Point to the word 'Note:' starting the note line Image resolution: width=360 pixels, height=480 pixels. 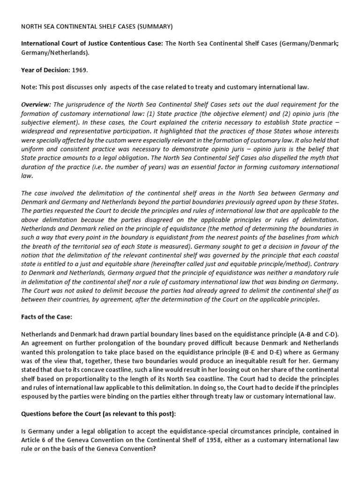30,87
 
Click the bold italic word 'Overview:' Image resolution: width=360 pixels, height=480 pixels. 37,104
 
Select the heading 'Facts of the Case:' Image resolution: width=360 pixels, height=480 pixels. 47,317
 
